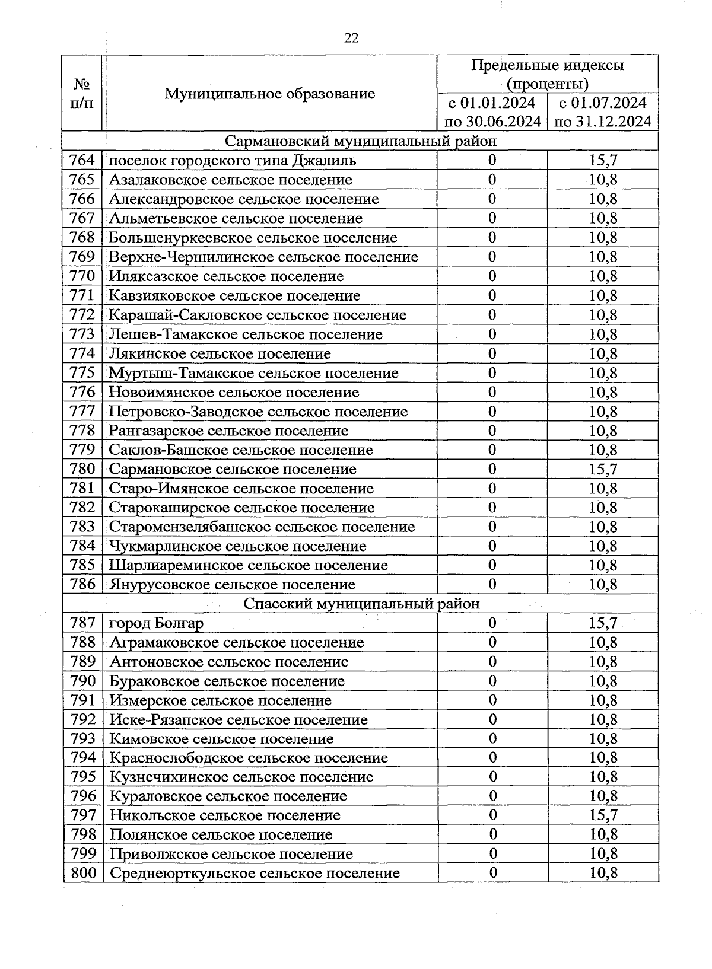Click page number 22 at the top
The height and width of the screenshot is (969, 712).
[x=351, y=38]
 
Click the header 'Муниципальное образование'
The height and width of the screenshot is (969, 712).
[x=269, y=94]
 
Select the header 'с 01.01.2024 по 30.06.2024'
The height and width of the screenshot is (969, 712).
[x=492, y=112]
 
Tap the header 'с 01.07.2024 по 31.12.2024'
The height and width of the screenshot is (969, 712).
[x=603, y=112]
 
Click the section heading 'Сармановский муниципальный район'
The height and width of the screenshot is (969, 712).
[x=361, y=141]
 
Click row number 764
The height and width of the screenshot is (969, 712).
[x=82, y=160]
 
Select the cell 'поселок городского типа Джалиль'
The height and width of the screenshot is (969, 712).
[x=233, y=160]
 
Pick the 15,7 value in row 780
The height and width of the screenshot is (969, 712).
[x=603, y=469]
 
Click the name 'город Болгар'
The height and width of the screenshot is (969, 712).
[x=157, y=623]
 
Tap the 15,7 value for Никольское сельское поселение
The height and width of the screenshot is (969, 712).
[x=603, y=815]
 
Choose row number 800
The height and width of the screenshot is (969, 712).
[x=82, y=873]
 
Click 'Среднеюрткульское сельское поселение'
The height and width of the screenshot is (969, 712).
[x=255, y=873]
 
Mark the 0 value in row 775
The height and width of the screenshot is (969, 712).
[x=492, y=373]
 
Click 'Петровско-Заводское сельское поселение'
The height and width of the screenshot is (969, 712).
[x=258, y=412]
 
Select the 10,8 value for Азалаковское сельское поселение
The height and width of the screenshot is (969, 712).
[x=603, y=180]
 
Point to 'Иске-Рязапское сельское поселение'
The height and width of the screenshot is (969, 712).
[x=239, y=719]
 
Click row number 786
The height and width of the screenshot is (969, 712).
[x=82, y=585]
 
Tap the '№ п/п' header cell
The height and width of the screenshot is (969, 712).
[x=82, y=94]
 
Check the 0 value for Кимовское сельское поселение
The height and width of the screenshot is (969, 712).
[x=492, y=739]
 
